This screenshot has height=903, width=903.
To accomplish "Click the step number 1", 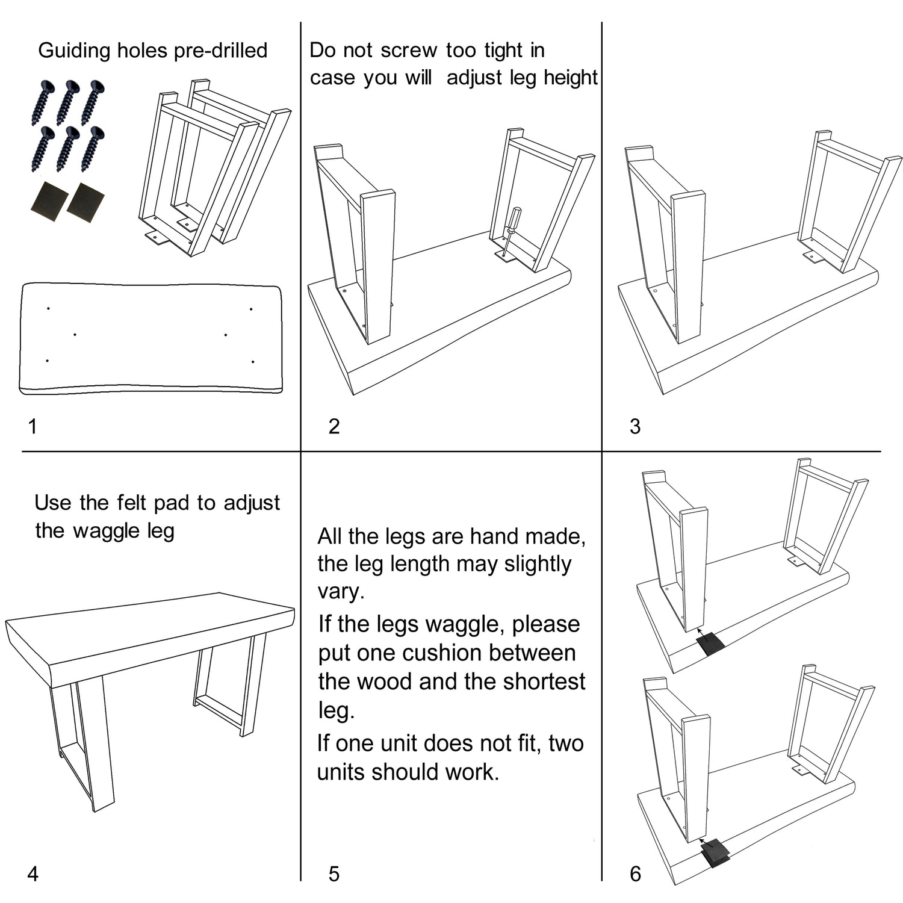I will click(x=33, y=426).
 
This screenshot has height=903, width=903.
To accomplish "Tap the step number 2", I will click(x=334, y=426).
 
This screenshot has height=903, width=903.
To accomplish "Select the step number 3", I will click(x=635, y=426).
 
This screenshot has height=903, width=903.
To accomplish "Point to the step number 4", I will click(x=33, y=874).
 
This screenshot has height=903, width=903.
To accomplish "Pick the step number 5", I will click(x=334, y=874).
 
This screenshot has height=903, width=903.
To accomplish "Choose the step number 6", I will click(x=635, y=874).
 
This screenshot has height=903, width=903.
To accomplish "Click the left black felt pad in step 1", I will click(x=48, y=201).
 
